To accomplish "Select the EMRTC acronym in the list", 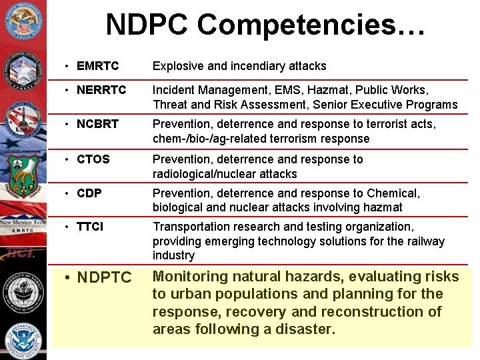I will [97, 66].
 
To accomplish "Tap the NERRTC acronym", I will [101, 90].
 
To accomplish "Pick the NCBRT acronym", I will [97, 125].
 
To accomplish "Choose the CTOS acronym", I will [93, 159].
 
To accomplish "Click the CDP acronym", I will [89, 193].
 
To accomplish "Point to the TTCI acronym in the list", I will [90, 227].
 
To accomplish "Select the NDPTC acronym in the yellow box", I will [105, 277].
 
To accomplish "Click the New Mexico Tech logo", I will [23, 225].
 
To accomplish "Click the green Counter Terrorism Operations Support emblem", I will [23, 177].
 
